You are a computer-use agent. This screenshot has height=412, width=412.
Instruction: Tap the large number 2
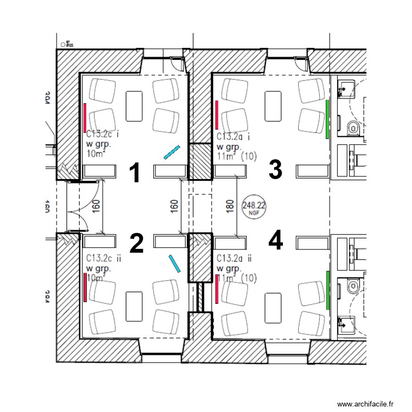click(136, 243)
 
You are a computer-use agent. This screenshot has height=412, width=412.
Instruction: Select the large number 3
click(275, 170)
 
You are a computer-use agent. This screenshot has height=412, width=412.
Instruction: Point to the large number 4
click(276, 240)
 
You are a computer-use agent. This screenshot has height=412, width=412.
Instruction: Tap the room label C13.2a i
click(233, 136)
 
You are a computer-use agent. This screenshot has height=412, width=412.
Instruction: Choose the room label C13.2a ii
click(235, 258)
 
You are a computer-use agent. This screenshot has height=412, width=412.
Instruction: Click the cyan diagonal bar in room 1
click(172, 152)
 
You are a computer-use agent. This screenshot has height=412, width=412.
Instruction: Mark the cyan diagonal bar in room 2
click(175, 263)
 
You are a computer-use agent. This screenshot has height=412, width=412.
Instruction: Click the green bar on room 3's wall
click(327, 119)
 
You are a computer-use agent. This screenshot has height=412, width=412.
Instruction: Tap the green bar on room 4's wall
click(327, 290)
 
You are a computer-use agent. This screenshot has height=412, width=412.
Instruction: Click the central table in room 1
click(135, 105)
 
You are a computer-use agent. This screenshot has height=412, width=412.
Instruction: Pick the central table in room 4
click(273, 305)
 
